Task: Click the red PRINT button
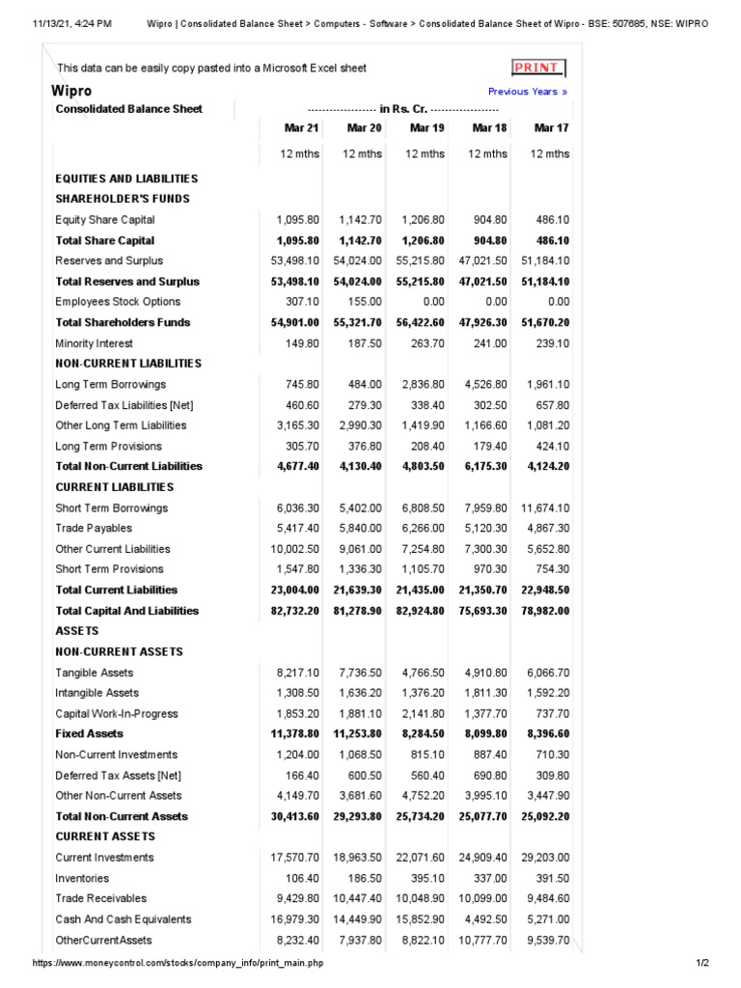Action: [x=537, y=68]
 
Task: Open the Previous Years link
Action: [x=528, y=92]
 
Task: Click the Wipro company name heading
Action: [x=71, y=91]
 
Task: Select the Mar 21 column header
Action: [x=301, y=128]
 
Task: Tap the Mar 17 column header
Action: [x=551, y=128]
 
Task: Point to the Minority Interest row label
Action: [x=94, y=343]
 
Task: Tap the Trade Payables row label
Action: [x=94, y=528]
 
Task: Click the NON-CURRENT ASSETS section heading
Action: [x=119, y=651]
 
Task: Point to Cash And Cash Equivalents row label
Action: [x=123, y=919]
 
